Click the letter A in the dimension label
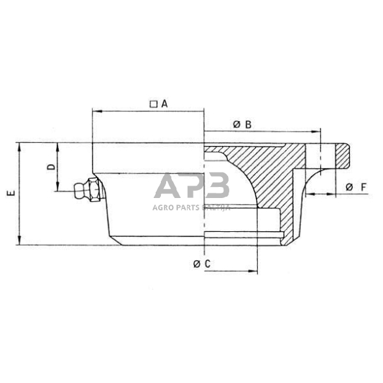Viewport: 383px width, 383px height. pyautogui.click(x=164, y=103)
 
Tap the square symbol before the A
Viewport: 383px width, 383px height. pyautogui.click(x=153, y=103)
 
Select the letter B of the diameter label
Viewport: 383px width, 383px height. pyautogui.click(x=248, y=124)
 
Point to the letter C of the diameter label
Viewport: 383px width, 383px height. pyautogui.click(x=207, y=263)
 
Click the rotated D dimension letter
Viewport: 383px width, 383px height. pyautogui.click(x=51, y=167)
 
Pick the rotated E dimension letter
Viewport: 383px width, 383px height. pyautogui.click(x=9, y=193)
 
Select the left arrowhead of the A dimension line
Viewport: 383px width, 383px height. pyautogui.click(x=96, y=111)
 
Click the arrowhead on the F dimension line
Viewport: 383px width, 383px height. pyautogui.click(x=308, y=194)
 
